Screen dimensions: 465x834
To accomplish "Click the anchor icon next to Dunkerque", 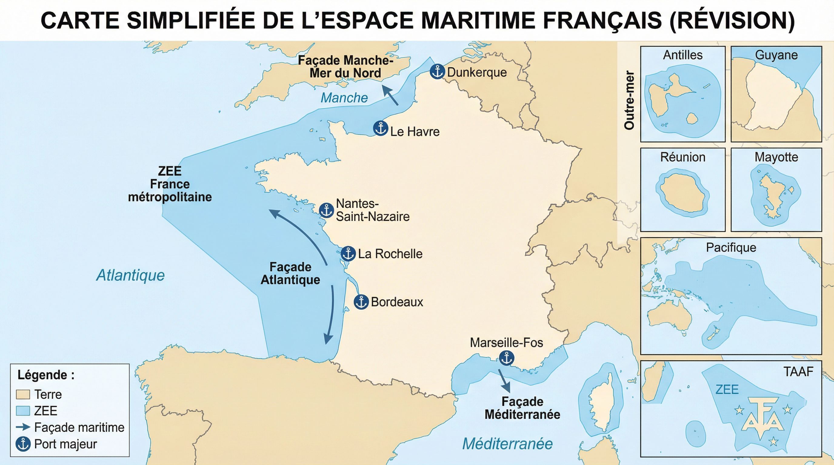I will point(437,71).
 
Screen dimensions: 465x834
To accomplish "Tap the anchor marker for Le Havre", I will point(380,128).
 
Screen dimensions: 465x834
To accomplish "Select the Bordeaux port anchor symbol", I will point(361,302).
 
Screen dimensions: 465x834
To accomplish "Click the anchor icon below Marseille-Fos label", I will point(506,358).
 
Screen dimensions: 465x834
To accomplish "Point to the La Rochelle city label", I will point(390,254).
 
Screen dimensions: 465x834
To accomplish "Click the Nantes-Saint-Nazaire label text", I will point(372,210).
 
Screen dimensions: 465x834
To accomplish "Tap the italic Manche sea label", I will point(344,98).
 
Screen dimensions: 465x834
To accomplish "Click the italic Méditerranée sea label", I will point(507,444).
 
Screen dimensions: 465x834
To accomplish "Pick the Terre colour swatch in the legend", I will point(23,394).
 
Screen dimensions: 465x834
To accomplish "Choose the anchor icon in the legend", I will point(23,444).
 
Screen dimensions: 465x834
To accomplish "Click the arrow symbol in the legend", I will point(23,427).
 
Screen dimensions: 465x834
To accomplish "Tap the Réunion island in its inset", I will point(682,193).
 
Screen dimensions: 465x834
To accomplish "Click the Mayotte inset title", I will point(776,157).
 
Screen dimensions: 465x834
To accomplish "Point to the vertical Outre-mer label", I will point(629,100).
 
